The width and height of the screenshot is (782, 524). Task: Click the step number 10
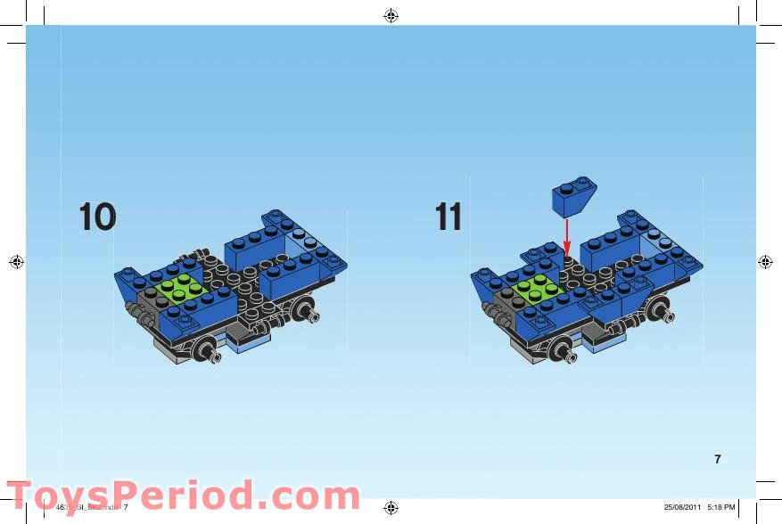(97, 217)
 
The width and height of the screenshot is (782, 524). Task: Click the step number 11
(449, 217)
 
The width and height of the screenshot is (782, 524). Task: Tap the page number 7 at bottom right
(718, 460)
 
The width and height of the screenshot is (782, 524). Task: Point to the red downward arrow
(566, 237)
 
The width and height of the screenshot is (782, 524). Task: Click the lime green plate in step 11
(535, 289)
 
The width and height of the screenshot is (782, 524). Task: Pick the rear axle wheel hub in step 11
(662, 312)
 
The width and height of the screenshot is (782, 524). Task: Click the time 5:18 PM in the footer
(720, 508)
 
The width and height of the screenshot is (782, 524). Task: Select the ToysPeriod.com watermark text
(183, 496)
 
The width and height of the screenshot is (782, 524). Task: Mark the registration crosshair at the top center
(391, 15)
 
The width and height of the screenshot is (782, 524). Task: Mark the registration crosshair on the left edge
(15, 262)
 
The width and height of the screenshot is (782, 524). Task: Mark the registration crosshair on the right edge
(765, 262)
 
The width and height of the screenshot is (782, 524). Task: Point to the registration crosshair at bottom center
(391, 508)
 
